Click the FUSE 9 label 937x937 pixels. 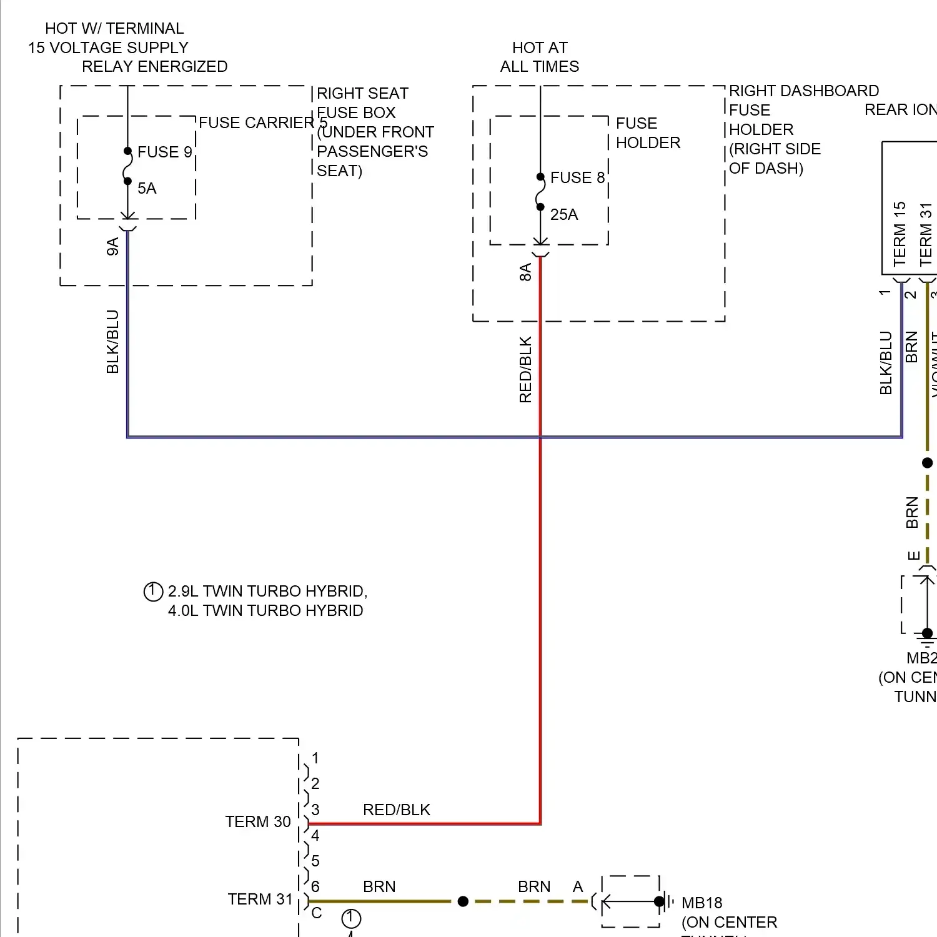pyautogui.click(x=164, y=152)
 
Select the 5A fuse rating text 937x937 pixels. pyautogui.click(x=147, y=188)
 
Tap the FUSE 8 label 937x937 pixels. pyautogui.click(x=577, y=177)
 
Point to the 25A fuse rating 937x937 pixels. pyautogui.click(x=564, y=214)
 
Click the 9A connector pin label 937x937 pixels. pyautogui.click(x=112, y=247)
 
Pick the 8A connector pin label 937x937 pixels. pyautogui.click(x=525, y=272)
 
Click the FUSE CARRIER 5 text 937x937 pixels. pyautogui.click(x=263, y=122)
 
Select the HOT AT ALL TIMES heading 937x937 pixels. pyautogui.click(x=540, y=57)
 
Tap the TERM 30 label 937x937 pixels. pyautogui.click(x=258, y=821)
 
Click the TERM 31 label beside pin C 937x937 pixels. pyautogui.click(x=260, y=899)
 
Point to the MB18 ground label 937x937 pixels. pyautogui.click(x=702, y=903)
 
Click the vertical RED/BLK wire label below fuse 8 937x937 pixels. pyautogui.click(x=525, y=369)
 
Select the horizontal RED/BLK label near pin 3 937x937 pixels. pyautogui.click(x=397, y=810)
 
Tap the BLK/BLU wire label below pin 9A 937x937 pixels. pyautogui.click(x=112, y=342)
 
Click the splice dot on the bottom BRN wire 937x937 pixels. pyautogui.click(x=463, y=901)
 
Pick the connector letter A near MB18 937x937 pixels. pyautogui.click(x=578, y=886)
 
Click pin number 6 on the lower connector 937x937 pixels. pyautogui.click(x=315, y=886)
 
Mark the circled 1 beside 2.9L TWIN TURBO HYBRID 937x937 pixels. pyautogui.click(x=153, y=591)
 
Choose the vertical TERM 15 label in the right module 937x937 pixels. pyautogui.click(x=900, y=234)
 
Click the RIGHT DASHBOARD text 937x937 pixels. pyautogui.click(x=804, y=91)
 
